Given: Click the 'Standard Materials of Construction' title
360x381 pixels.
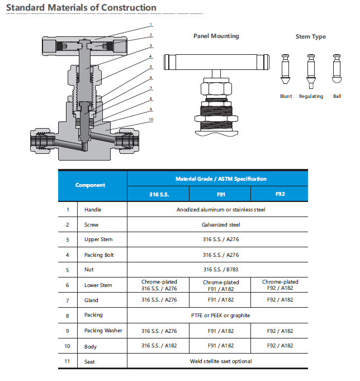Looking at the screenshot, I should (81, 8).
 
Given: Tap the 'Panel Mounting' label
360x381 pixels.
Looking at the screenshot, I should (216, 36).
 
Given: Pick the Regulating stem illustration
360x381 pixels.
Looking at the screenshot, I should (311, 70).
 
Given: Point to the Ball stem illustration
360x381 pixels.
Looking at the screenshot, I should (337, 68).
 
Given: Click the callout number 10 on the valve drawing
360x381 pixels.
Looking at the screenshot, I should (151, 119).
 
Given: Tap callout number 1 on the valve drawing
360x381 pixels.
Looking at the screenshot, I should (151, 25).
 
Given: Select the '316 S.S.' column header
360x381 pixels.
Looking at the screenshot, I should (159, 194).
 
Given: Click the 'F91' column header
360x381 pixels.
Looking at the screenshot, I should (220, 194).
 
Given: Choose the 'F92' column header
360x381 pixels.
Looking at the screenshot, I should (280, 194).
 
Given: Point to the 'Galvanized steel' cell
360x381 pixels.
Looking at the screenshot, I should (221, 224).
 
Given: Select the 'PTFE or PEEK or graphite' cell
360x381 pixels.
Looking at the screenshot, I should (221, 315).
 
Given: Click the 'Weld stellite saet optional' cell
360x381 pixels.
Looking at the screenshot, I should (221, 361).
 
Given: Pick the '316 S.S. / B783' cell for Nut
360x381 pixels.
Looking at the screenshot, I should (221, 270).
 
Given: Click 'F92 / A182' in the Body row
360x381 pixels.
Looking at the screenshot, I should (280, 346).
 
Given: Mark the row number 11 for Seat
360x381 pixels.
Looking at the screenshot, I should (68, 361).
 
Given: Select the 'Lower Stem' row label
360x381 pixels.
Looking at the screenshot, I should (98, 285).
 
